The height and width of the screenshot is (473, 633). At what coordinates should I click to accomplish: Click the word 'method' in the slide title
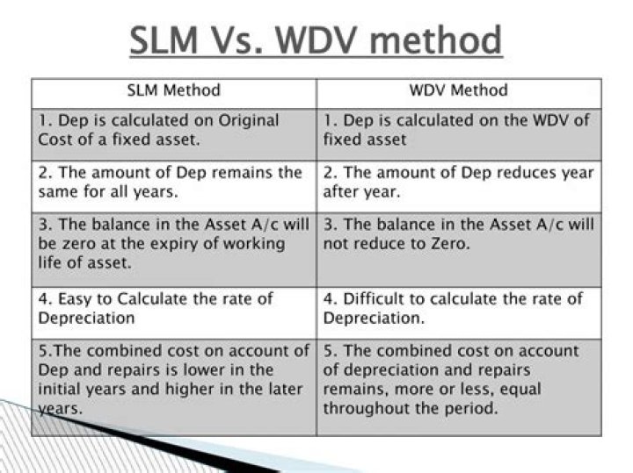[435, 39]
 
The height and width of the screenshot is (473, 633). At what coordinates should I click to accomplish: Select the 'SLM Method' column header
[174, 90]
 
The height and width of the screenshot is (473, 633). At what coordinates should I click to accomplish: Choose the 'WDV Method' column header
[459, 90]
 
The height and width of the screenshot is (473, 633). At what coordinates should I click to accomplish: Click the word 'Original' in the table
[249, 120]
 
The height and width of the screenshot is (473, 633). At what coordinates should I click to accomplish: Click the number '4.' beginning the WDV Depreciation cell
[331, 299]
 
